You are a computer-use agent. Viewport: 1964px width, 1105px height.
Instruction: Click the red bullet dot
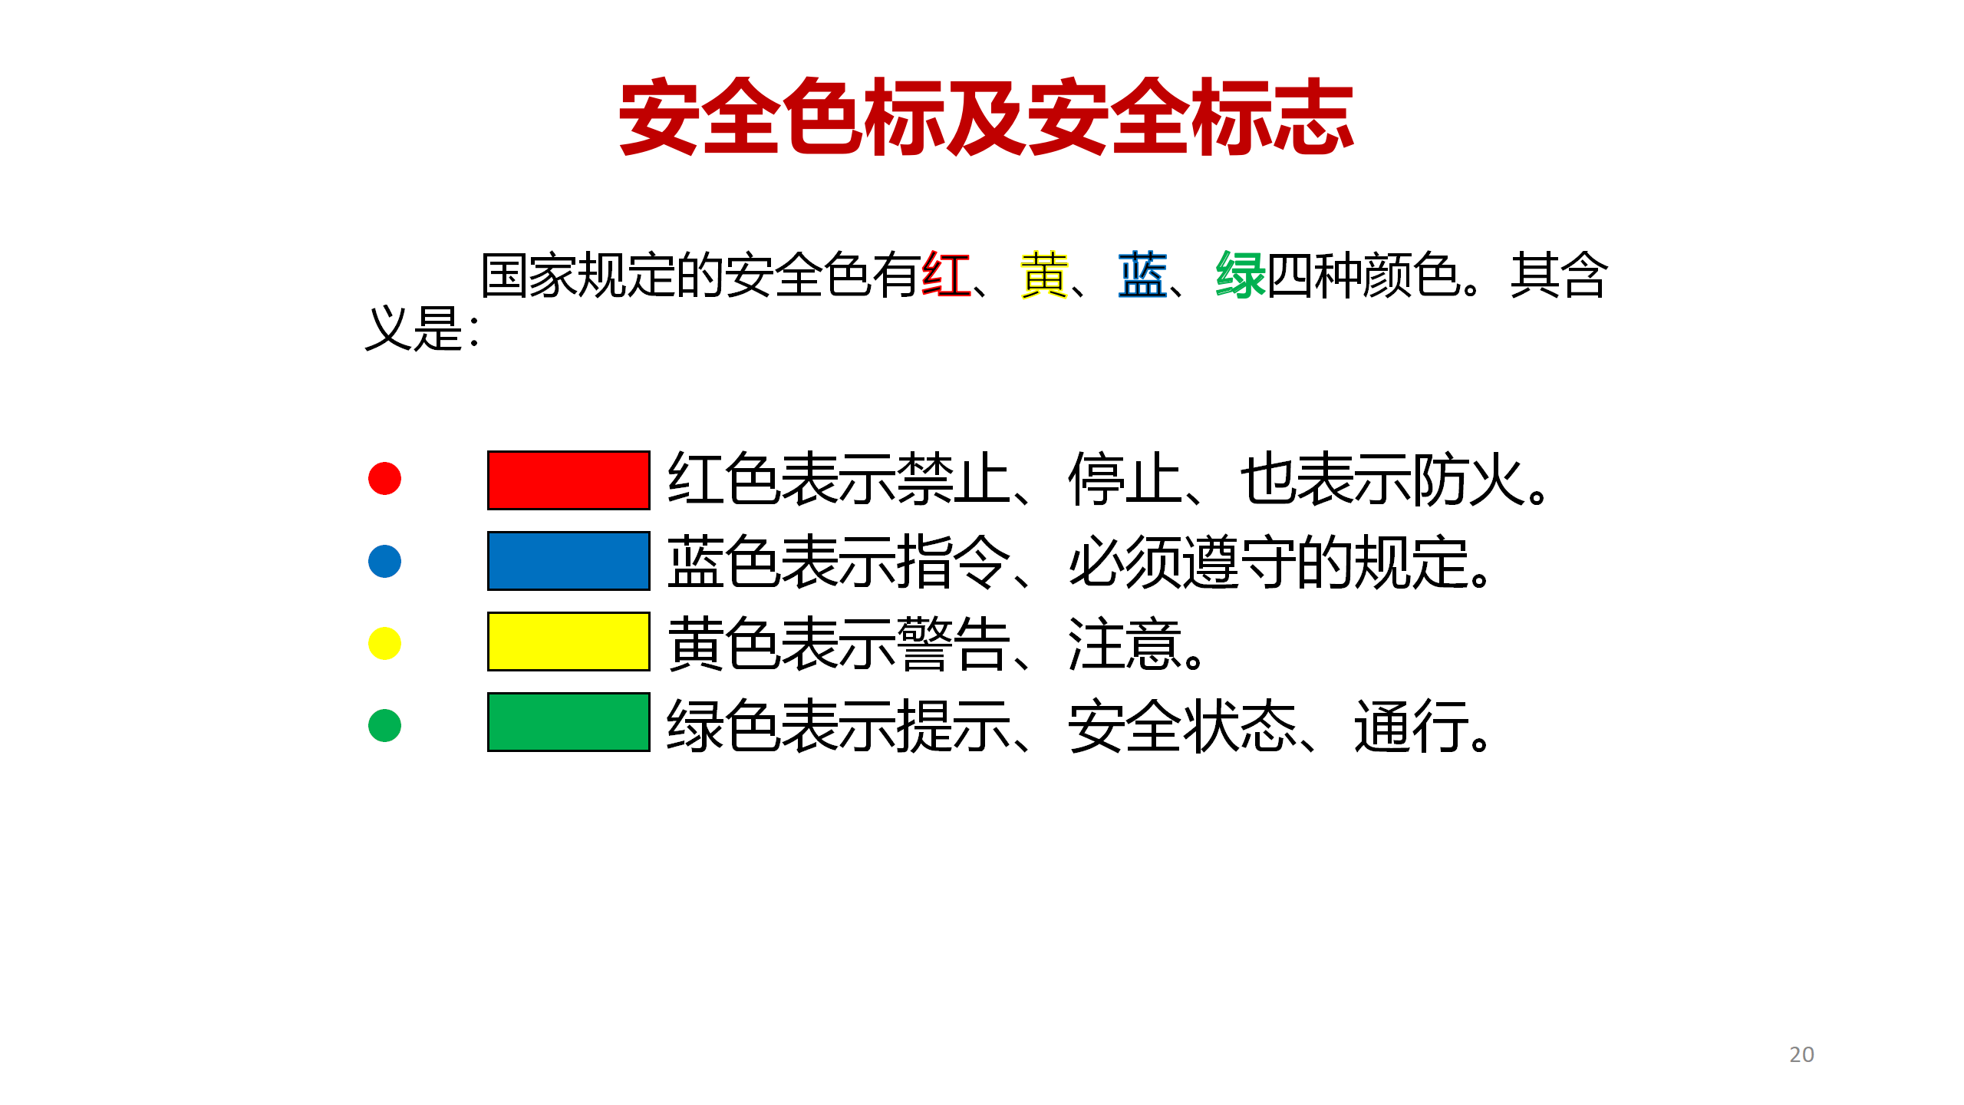384,479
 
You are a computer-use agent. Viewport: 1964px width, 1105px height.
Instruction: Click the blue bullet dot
384,561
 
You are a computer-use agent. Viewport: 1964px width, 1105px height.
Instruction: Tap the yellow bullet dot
384,643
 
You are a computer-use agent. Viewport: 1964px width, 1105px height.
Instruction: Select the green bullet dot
384,725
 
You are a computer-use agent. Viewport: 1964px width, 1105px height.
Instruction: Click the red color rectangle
568,480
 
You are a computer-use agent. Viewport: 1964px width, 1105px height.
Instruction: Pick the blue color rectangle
568,561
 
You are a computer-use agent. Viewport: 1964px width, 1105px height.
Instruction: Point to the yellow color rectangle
568,642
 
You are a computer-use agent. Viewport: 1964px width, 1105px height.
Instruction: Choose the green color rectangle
568,722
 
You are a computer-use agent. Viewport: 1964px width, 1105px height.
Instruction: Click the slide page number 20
1801,1054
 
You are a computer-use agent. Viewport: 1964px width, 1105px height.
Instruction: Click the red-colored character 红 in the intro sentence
946,275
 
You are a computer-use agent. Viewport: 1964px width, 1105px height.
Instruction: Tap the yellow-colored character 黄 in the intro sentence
1044,275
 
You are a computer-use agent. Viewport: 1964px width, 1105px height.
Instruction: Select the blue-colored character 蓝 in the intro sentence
1142,275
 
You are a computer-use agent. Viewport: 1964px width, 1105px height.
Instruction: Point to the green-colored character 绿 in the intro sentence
1241,275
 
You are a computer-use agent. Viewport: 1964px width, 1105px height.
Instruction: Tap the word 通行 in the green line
1412,726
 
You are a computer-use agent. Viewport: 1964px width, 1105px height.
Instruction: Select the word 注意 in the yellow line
1125,644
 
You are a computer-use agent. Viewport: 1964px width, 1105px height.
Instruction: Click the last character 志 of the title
1313,117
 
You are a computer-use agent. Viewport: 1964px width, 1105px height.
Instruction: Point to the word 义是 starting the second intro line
414,328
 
